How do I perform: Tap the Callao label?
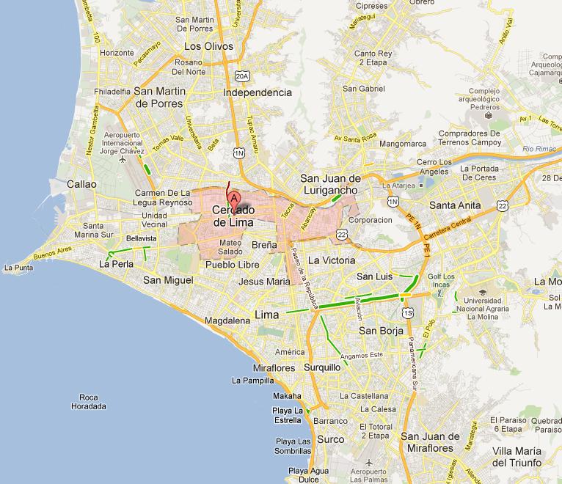pyautogui.click(x=81, y=184)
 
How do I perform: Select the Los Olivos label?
pyautogui.click(x=208, y=46)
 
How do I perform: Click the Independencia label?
pyautogui.click(x=258, y=92)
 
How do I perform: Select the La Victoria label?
pyautogui.click(x=332, y=260)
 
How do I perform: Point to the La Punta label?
pyautogui.click(x=18, y=268)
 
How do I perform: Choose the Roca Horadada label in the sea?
pyautogui.click(x=89, y=402)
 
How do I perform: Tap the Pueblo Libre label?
pyautogui.click(x=230, y=264)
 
